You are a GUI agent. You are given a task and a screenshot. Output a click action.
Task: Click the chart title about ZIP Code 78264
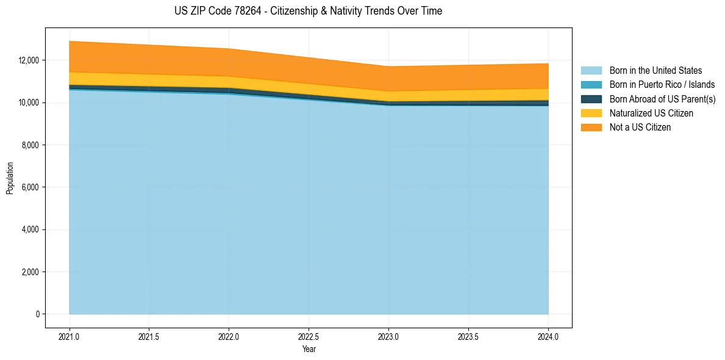tap(308, 11)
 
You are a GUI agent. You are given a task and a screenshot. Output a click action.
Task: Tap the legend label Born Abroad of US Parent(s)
tap(662, 99)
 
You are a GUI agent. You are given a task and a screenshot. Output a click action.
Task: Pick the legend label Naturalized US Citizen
tap(651, 113)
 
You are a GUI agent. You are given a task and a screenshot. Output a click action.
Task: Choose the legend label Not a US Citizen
tap(640, 128)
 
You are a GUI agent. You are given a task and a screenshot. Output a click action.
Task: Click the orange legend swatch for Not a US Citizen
tap(591, 128)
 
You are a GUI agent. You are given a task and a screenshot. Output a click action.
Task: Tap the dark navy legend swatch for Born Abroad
tap(591, 99)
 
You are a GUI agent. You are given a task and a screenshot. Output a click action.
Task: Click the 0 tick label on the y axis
tap(37, 314)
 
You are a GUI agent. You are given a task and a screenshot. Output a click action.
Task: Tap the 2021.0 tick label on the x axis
tap(70, 337)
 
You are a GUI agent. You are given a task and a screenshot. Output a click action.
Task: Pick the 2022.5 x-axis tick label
tap(309, 337)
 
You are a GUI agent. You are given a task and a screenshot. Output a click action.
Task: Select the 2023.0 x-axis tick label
tap(388, 337)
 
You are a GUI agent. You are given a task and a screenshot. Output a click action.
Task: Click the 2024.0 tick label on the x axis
tap(548, 337)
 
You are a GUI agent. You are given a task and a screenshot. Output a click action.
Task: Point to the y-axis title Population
tap(10, 178)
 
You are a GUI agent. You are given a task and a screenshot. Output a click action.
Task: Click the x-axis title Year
tap(309, 350)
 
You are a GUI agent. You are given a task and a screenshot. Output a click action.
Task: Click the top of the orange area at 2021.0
tap(70, 41)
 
